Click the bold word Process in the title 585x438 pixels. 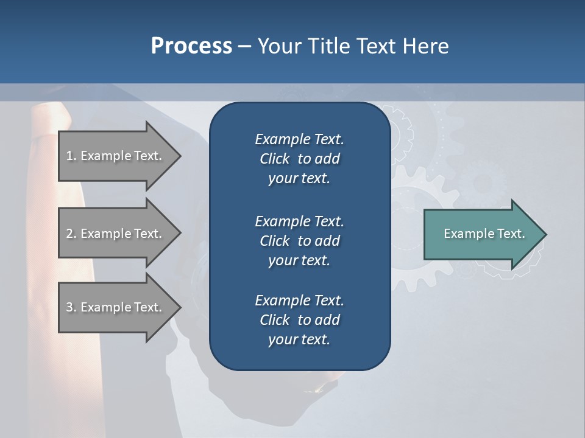coord(191,46)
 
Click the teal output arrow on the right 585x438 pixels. coord(481,234)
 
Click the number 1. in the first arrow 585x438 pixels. coord(71,156)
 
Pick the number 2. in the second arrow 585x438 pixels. coord(71,234)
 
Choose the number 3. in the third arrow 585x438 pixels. coord(71,307)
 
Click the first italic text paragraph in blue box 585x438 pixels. coord(299,159)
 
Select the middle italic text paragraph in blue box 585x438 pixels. coord(299,241)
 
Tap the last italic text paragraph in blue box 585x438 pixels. coord(299,320)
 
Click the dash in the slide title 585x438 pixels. coord(244,46)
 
